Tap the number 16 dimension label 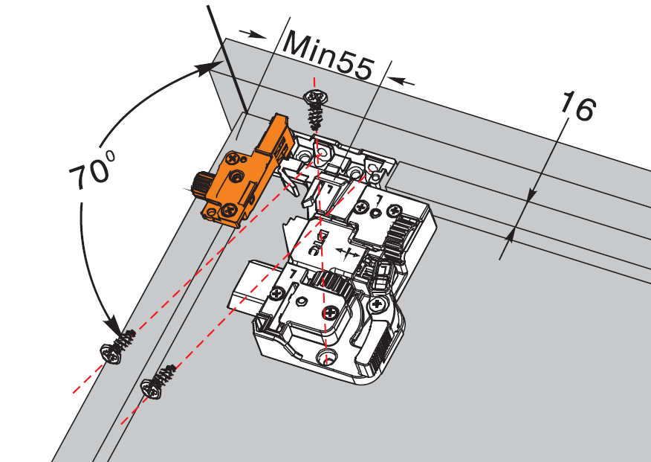click(x=578, y=107)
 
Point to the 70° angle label click(x=91, y=170)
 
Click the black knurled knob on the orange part click(x=202, y=185)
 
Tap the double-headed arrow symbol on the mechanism click(x=348, y=252)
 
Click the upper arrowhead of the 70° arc click(x=210, y=68)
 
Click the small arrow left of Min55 click(x=253, y=34)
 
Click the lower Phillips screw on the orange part click(x=229, y=210)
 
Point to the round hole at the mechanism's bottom click(x=327, y=356)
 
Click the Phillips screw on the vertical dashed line click(x=331, y=312)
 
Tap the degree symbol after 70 click(x=110, y=156)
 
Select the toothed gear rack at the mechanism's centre click(x=332, y=283)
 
